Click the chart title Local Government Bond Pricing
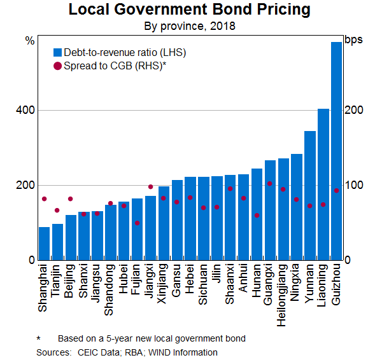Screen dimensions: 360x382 click(190, 10)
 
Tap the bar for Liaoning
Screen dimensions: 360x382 click(323, 184)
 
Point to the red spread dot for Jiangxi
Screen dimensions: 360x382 click(150, 187)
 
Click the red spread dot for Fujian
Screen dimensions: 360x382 click(137, 223)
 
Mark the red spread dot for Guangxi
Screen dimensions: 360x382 click(270, 183)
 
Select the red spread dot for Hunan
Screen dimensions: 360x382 click(257, 216)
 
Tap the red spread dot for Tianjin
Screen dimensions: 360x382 click(57, 211)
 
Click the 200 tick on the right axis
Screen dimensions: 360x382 click(353, 111)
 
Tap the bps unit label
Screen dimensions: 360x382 click(353, 40)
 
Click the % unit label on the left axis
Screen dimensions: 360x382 click(29, 40)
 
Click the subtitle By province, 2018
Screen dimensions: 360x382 click(190, 27)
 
